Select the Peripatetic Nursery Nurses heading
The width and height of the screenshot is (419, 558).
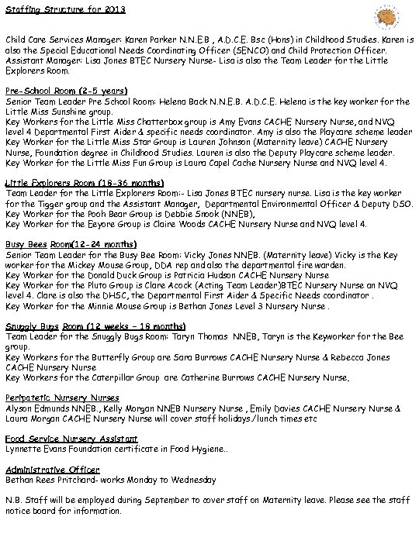(62, 397)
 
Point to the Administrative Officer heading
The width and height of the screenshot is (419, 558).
(52, 470)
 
